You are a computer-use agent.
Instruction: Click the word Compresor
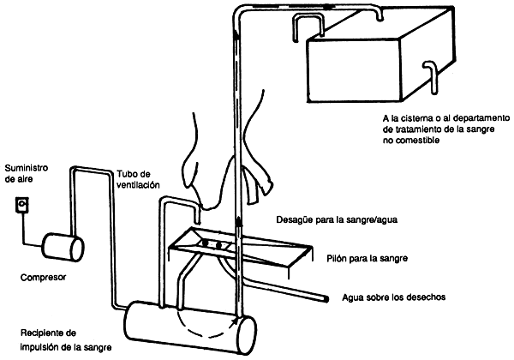tap(44, 278)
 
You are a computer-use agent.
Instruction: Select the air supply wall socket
tap(22, 207)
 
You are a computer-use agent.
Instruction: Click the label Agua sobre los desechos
tap(393, 297)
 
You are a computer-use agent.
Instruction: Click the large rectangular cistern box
tap(368, 60)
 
